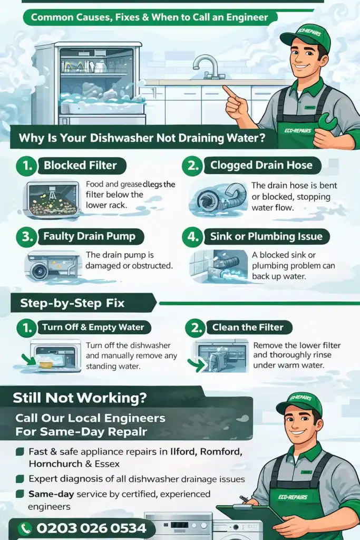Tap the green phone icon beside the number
coord(25,528)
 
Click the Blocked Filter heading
coord(80,165)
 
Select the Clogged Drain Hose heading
coord(261,165)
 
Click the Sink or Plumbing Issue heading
coord(266,236)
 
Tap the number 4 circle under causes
coord(192,236)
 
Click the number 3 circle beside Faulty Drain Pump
coord(25,236)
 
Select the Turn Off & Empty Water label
coord(93,327)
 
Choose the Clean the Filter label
coord(247,327)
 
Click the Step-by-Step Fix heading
coord(72,303)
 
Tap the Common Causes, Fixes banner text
coord(149,17)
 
